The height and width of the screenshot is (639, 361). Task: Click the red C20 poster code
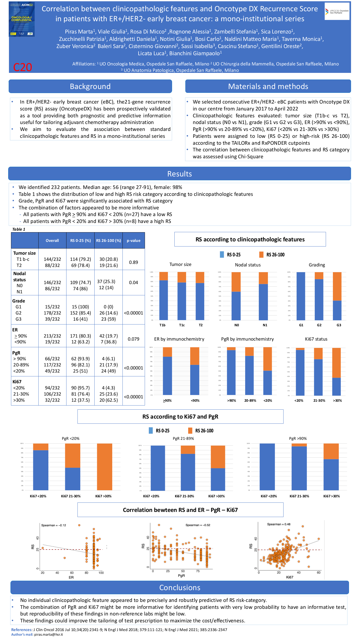22,67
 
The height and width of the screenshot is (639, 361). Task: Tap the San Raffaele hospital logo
337,12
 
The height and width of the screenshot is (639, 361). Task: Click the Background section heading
90,86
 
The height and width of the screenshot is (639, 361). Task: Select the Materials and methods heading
268,86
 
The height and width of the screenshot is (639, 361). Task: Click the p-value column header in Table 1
133,241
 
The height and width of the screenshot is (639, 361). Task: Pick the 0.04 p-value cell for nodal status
133,283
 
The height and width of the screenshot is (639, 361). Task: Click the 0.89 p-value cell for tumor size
133,262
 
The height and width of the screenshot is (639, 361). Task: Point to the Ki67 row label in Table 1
17,382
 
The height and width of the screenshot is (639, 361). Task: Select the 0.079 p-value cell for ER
133,339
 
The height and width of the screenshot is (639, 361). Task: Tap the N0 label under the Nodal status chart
237,325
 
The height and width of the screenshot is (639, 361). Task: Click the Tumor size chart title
180,264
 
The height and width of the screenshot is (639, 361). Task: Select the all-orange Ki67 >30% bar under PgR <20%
105,467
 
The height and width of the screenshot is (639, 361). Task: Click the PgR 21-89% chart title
183,439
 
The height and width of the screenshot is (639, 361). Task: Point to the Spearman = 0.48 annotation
279,524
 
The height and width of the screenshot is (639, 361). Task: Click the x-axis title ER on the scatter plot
71,577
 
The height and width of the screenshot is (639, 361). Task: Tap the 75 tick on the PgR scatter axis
198,571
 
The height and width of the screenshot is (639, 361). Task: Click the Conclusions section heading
180,588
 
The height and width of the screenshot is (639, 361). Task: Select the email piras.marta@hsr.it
49,634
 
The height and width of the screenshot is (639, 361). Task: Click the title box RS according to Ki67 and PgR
180,417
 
